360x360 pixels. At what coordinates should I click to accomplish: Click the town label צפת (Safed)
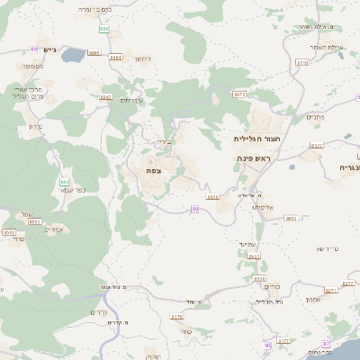coord(154,169)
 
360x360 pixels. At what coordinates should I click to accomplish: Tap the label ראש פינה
coord(254,158)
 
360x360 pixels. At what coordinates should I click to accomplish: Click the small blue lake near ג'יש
coord(72,53)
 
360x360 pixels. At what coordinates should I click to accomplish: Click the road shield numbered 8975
coord(239,94)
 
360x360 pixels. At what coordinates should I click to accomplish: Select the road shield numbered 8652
coord(291,218)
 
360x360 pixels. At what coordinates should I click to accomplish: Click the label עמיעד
coord(248,244)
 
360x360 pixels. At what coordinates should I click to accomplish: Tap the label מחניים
coord(315,116)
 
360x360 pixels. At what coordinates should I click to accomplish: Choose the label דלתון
coord(141,58)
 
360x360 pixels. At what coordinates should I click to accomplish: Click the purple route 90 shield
coord(267,345)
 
